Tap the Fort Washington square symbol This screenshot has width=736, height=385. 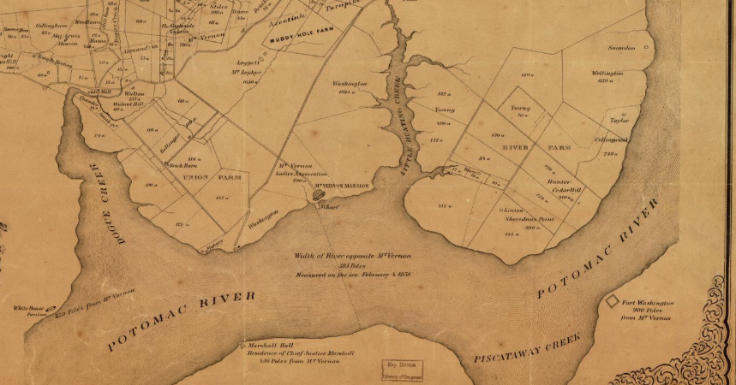613,302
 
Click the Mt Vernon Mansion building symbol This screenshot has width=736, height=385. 319,195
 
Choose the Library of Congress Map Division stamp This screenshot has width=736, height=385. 402,370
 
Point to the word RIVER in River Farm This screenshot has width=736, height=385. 518,147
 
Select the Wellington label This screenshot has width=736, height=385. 607,74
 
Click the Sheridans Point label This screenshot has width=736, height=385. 524,219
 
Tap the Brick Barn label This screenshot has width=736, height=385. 183,164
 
